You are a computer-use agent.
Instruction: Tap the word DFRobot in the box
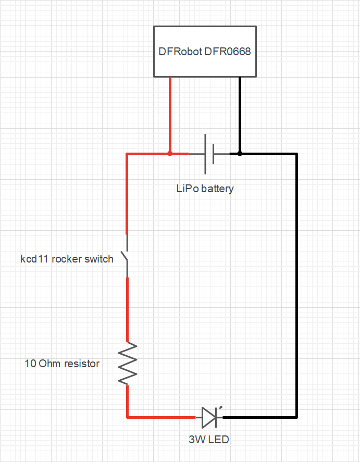pos(180,52)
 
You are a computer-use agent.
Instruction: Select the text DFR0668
pos(228,52)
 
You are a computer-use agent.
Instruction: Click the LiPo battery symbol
pos(209,154)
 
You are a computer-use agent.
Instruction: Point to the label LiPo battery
pos(205,189)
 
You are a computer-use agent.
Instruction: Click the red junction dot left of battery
pos(170,154)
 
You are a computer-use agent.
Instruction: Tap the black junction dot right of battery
pos(240,154)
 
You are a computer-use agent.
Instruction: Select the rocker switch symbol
pos(126,256)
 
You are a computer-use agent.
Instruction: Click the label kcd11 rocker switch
pos(67,259)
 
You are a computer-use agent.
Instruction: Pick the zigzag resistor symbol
pos(128,363)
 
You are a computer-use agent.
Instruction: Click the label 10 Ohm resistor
pos(62,364)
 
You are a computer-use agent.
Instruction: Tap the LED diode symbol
pos(210,417)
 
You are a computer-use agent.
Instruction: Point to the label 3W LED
pos(209,440)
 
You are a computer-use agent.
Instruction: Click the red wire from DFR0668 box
pos(170,115)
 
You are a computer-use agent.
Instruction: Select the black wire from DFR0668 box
pos(240,115)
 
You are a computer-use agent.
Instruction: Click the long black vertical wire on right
pos(296,285)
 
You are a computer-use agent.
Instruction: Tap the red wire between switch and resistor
pos(127,310)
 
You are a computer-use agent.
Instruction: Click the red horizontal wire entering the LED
pos(162,417)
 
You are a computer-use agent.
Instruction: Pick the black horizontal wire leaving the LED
pos(260,417)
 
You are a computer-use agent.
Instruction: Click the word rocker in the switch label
pos(67,259)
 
